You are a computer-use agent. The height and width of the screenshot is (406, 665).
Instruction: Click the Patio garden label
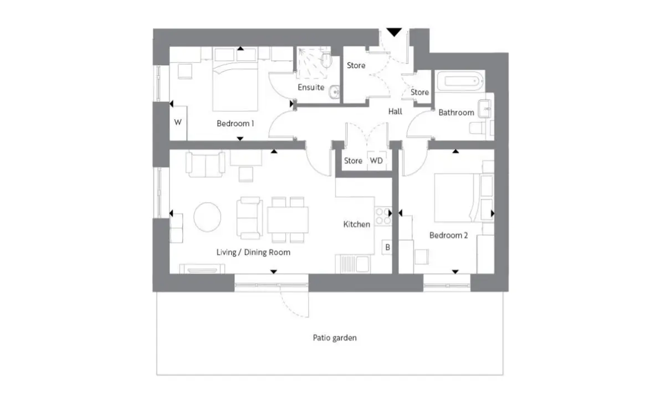coord(335,338)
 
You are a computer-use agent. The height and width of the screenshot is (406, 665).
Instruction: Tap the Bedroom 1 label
coord(235,124)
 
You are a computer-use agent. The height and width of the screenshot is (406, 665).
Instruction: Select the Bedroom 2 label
coord(448,235)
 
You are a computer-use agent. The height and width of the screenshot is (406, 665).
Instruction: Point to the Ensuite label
coord(311,88)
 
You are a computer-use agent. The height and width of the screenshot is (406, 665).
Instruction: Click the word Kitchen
coord(356,224)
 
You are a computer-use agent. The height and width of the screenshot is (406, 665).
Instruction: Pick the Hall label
coord(395,111)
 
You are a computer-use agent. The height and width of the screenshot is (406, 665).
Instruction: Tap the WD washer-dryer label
coord(376,161)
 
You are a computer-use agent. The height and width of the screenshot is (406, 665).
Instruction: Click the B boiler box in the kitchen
coord(387,247)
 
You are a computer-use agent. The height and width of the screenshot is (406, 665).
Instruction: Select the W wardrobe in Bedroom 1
coord(178,123)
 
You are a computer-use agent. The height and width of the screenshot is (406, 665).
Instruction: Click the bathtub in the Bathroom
coord(460,81)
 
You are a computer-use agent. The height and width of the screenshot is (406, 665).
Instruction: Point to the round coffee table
coord(207,217)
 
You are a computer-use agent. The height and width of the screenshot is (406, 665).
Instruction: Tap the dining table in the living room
coord(288,220)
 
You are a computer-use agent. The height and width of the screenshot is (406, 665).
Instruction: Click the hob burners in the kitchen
coord(383,217)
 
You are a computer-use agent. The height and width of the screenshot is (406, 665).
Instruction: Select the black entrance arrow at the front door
coord(394,32)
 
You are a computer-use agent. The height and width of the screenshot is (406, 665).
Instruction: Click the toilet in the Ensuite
coord(326,60)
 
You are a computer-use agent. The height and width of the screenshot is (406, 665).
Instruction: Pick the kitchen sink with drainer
coord(353,264)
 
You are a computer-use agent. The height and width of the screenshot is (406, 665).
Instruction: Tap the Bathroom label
coord(456,112)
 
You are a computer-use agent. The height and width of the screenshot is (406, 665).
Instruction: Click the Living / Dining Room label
coord(253,252)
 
